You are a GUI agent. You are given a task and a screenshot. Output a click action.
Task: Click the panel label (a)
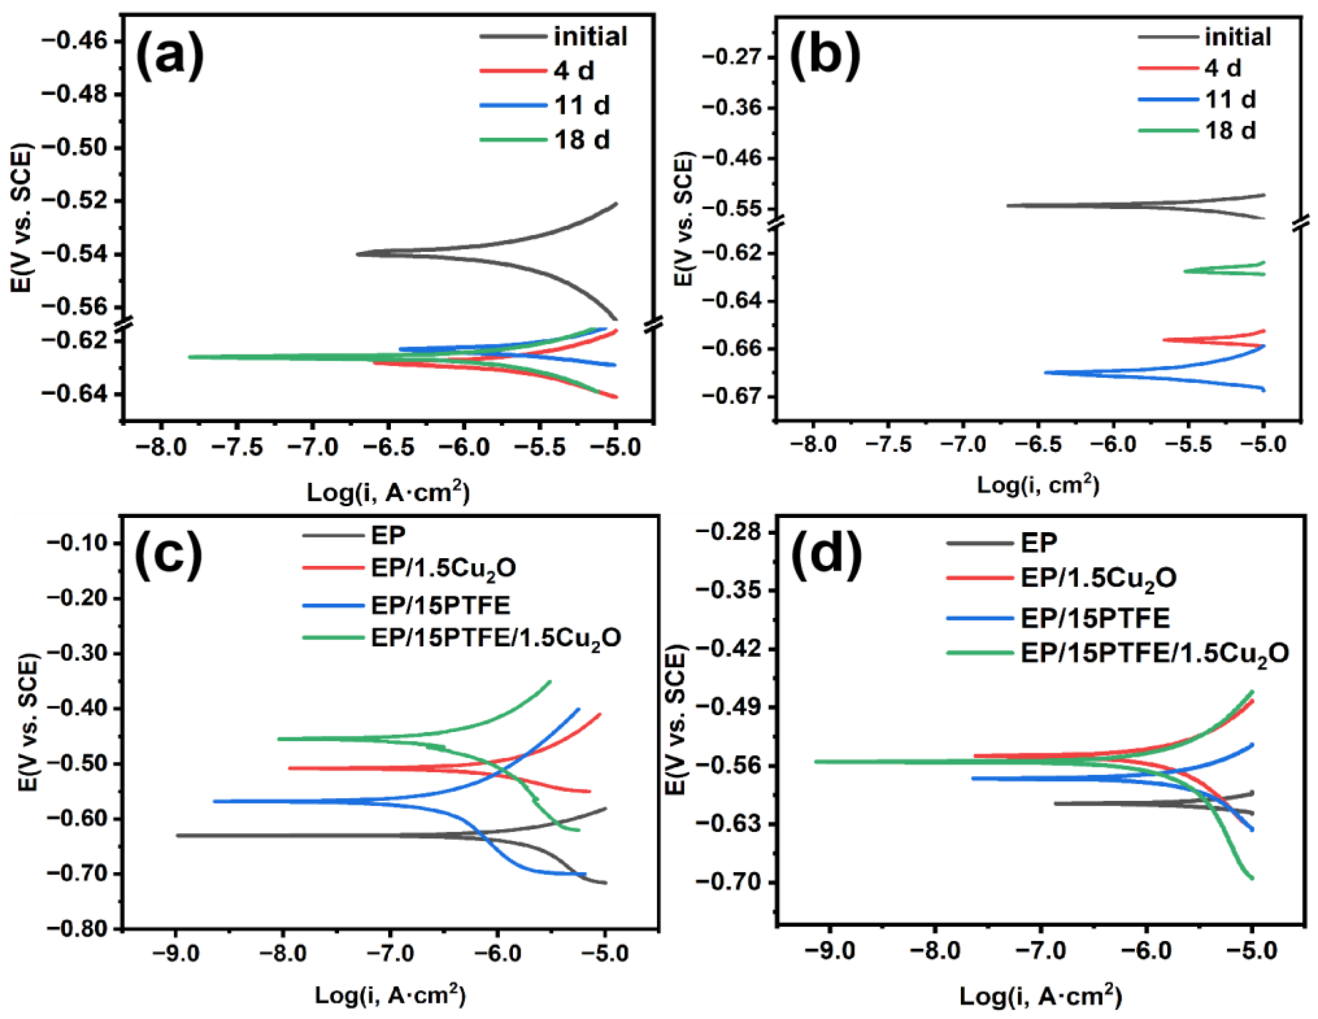[x=170, y=55]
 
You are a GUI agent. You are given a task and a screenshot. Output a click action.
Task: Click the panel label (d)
[x=826, y=554]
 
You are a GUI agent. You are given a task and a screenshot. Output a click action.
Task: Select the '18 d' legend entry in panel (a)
[x=582, y=140]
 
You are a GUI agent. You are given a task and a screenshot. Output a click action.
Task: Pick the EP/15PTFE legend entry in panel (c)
[x=441, y=604]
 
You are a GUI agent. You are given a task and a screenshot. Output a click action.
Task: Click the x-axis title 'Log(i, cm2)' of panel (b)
[x=1038, y=485]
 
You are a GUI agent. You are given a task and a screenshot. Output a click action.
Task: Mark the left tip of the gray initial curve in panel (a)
[x=357, y=254]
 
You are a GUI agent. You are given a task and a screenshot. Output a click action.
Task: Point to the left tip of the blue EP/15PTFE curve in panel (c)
[x=214, y=801]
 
